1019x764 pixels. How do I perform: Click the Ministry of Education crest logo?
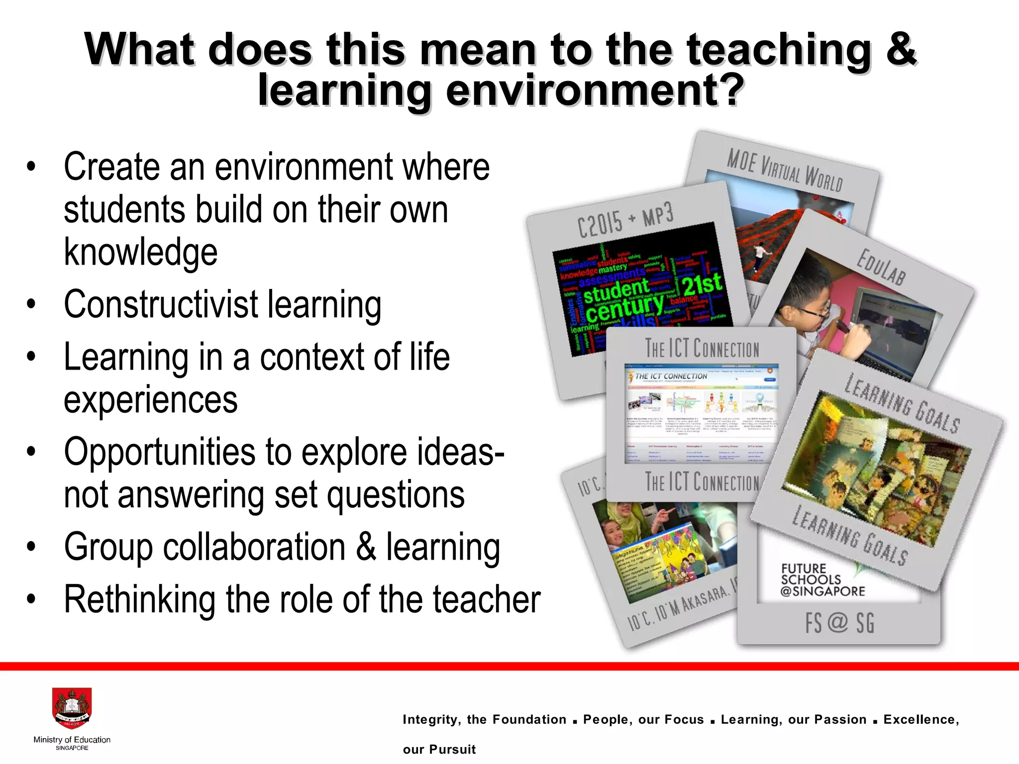click(72, 709)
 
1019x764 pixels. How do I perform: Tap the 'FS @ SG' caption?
click(839, 623)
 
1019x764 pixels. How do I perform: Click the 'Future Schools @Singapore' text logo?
click(822, 580)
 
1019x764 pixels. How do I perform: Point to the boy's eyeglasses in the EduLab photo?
click(816, 314)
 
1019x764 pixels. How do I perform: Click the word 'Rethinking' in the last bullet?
click(140, 599)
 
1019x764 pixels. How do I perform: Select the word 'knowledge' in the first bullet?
click(141, 252)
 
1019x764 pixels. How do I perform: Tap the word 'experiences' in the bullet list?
click(151, 399)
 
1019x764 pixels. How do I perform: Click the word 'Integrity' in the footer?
click(431, 719)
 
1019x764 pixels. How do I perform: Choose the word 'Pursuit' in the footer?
click(452, 749)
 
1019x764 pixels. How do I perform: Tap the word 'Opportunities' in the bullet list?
click(159, 452)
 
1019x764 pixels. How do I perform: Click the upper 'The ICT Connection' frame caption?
click(702, 348)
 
